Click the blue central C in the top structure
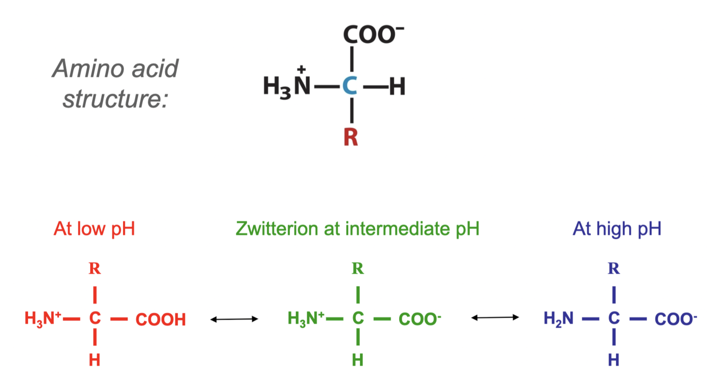pos(349,87)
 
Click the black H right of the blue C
pos(397,87)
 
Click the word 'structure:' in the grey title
pos(115,99)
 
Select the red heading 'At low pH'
pos(94,229)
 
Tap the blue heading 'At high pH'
pos(617,229)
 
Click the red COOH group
pos(161,319)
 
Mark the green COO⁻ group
pos(420,319)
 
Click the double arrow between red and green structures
pos(234,319)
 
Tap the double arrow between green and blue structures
pos(495,318)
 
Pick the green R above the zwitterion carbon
pos(358,268)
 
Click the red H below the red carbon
pos(94,361)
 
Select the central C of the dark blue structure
pos(614,319)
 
